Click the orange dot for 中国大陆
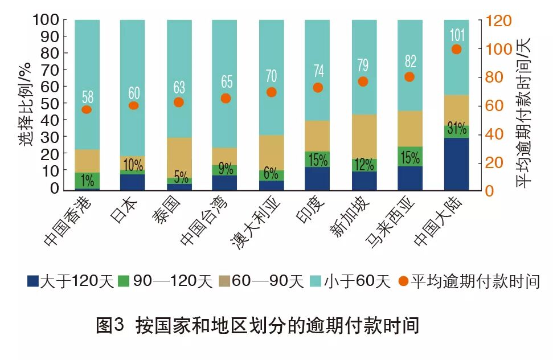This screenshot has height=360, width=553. click(x=456, y=50)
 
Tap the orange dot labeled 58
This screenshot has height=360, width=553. click(x=87, y=110)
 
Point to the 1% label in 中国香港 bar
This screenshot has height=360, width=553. click(x=87, y=182)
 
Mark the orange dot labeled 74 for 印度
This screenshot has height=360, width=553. click(x=318, y=88)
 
